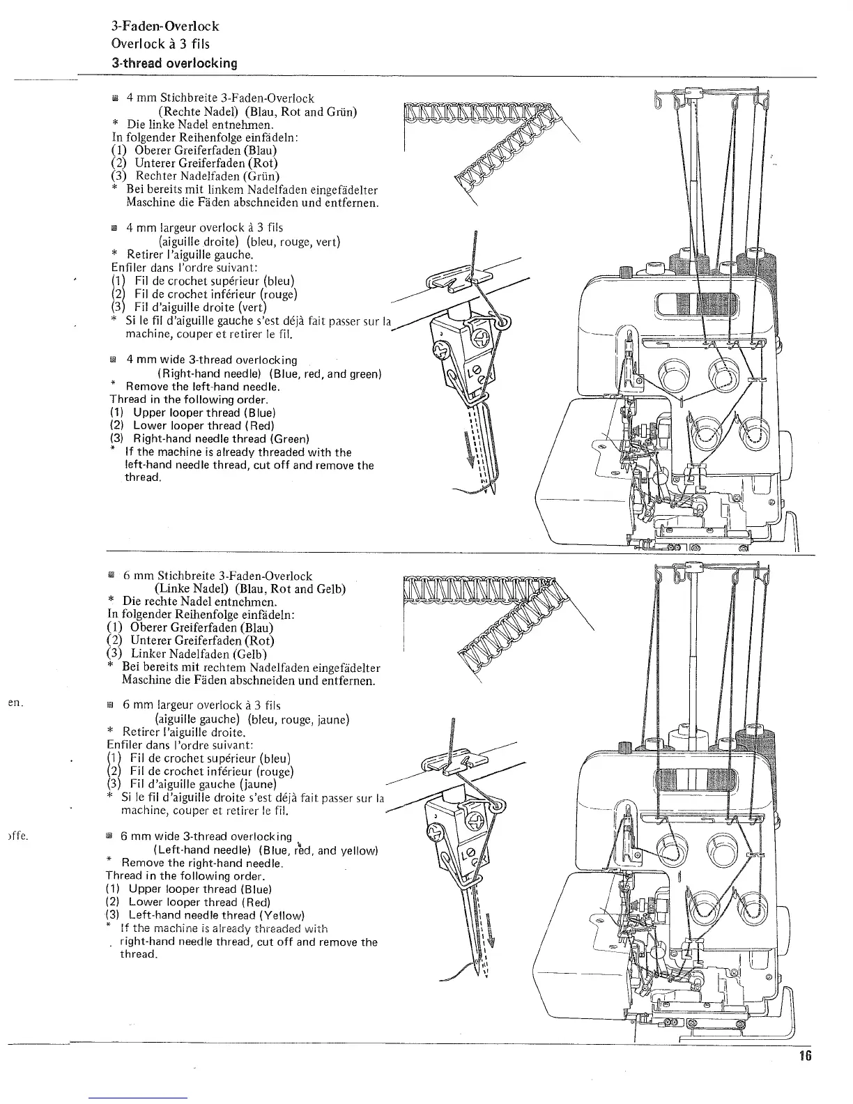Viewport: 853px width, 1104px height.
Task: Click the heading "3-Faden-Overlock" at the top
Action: coord(165,26)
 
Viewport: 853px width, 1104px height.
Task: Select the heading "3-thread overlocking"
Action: coord(175,63)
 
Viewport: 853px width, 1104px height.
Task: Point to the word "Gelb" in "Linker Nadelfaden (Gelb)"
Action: coord(254,654)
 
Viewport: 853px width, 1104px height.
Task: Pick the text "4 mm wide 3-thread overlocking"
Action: coord(212,360)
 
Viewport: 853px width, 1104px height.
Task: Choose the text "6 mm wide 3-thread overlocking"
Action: coord(206,836)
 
